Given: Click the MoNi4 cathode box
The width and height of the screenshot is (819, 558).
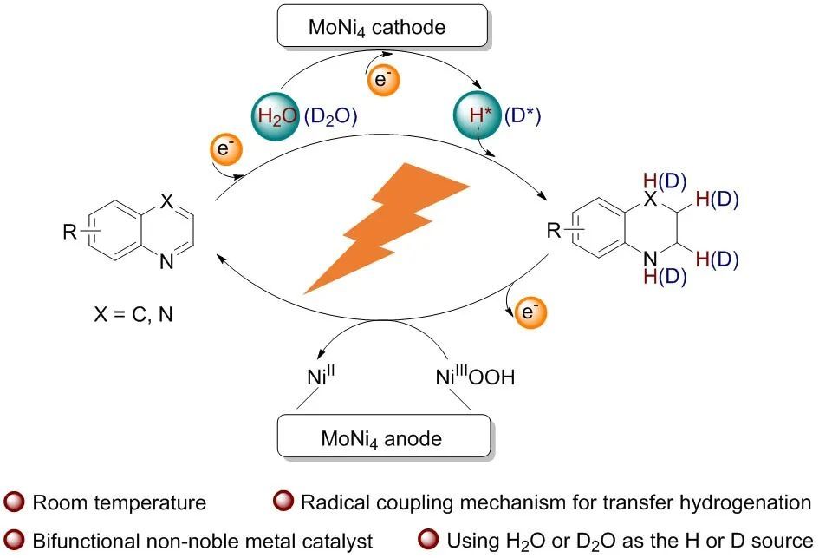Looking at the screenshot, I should [377, 28].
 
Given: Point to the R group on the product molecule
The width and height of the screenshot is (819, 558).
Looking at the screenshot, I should [552, 231].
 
